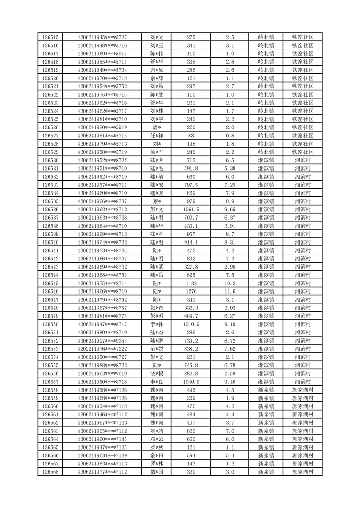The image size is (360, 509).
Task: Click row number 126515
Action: pyautogui.click(x=50, y=37)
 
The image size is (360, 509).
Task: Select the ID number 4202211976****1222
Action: pyautogui.click(x=102, y=348)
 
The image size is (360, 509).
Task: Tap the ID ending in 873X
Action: pyautogui.click(x=102, y=160)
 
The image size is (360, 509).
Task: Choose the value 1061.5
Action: pyautogui.click(x=191, y=209)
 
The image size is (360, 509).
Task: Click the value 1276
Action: pyautogui.click(x=191, y=291)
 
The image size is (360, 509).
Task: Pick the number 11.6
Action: pyautogui.click(x=229, y=291)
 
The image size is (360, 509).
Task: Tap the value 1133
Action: pyautogui.click(x=191, y=283)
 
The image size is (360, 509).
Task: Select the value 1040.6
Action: pyautogui.click(x=191, y=382)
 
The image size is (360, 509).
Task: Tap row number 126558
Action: pyautogui.click(x=50, y=390)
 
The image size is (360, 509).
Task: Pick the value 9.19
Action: pyautogui.click(x=229, y=324)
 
